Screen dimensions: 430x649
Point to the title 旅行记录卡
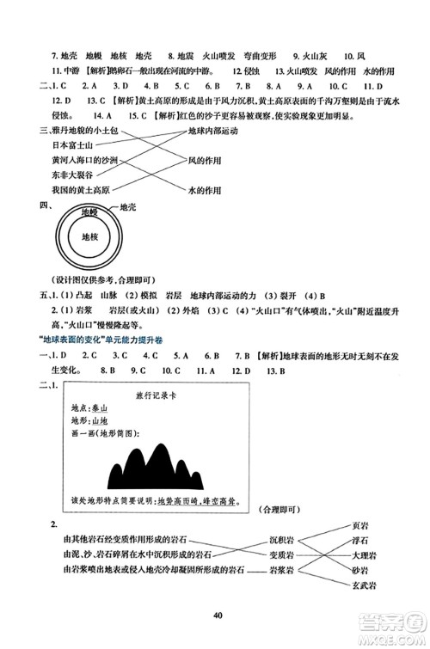(153, 395)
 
